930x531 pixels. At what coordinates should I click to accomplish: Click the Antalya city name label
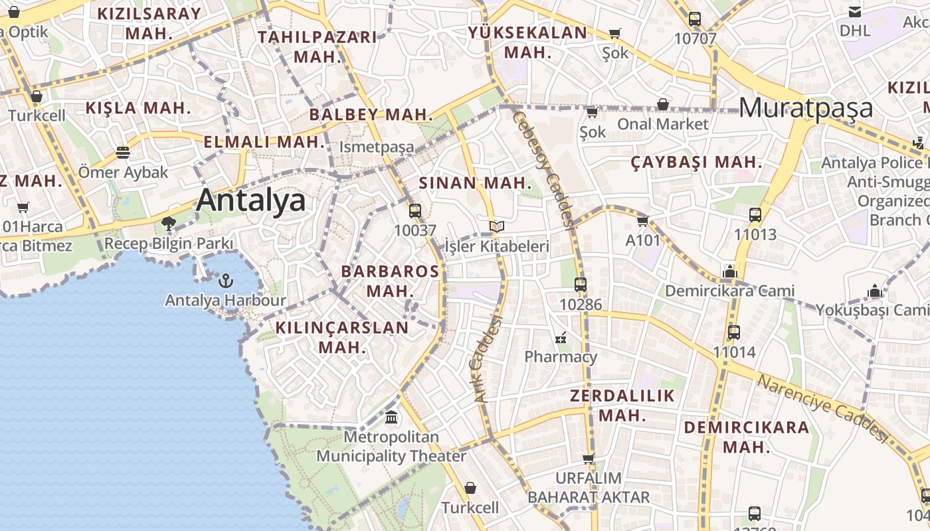tap(251, 200)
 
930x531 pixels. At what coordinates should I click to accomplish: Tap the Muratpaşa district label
tap(806, 108)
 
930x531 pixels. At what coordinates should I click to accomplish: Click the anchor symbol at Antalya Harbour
tap(226, 280)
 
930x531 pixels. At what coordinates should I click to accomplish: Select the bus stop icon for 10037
tap(415, 211)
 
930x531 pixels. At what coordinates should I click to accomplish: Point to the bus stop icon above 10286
tap(581, 285)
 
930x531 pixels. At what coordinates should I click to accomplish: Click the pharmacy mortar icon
tap(561, 339)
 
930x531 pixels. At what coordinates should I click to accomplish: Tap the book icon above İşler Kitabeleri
tap(497, 227)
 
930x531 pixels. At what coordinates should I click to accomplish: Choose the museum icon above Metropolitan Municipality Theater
tap(391, 417)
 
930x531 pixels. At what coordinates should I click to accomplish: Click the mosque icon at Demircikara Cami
tap(730, 271)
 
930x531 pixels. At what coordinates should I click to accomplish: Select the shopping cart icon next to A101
tap(642, 221)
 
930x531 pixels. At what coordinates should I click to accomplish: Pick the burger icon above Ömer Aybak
tap(123, 153)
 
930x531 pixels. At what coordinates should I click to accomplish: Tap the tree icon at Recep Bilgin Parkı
tap(169, 223)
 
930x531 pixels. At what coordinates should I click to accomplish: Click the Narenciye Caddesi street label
tap(822, 408)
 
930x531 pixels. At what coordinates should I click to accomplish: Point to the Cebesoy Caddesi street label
tap(543, 169)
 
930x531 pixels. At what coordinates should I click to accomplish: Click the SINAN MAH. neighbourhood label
tap(475, 183)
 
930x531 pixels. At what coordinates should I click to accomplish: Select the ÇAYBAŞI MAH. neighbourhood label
tap(696, 162)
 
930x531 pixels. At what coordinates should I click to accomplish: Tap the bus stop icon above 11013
tap(755, 214)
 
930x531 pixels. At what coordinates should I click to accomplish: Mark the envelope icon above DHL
tap(855, 11)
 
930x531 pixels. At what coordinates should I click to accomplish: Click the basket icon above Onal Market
tap(663, 104)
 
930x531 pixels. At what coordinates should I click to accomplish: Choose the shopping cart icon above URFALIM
tap(589, 458)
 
